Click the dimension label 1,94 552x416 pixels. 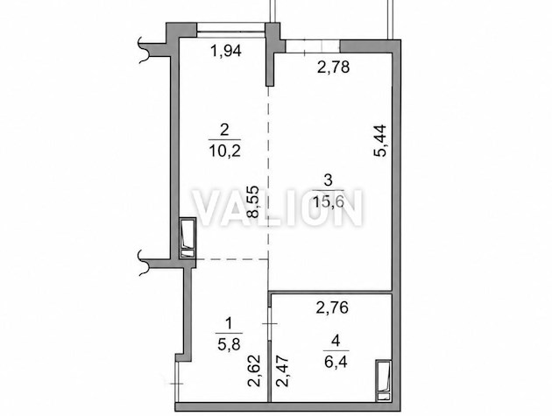pos(226,52)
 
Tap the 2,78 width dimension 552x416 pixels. pos(333,67)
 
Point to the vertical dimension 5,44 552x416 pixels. pos(380,141)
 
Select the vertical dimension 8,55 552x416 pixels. pos(253,201)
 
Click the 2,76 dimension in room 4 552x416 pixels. pos(332,308)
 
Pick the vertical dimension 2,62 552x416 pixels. pos(254,371)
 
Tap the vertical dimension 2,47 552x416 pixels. pos(282,371)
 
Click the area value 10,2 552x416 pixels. pos(224,152)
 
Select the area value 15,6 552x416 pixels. pos(328,202)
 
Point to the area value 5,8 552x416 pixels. pos(229,344)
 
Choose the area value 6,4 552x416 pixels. pos(336,362)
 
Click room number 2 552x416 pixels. pos(224,130)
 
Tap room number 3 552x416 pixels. pos(328,181)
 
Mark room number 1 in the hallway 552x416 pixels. pos(229,323)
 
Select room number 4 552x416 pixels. pos(336,341)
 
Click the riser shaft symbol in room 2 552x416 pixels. pos(187,238)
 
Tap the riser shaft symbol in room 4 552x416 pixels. pos(384,380)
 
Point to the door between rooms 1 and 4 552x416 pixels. pos(269,323)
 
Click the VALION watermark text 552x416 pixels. pos(278,208)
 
